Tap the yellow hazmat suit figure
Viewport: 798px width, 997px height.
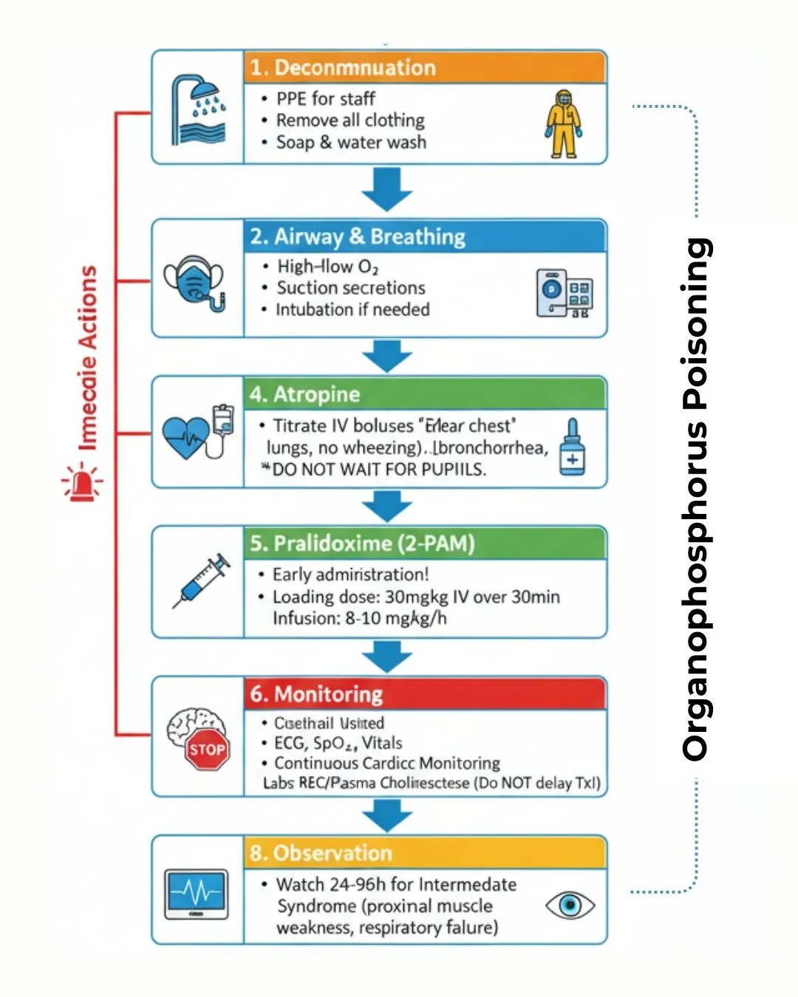coord(564,124)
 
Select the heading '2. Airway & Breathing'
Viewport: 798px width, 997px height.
coord(358,236)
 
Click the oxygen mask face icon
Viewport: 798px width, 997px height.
coord(194,283)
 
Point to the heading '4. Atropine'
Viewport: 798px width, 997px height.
coord(304,394)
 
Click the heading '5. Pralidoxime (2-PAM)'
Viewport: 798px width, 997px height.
coord(362,544)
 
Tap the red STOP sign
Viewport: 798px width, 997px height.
coord(207,750)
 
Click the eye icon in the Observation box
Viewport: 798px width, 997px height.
coord(570,905)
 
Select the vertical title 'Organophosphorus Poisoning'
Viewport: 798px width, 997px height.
coord(696,498)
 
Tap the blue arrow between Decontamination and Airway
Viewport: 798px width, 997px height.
coord(386,189)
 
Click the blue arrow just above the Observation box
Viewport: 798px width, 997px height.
coord(386,815)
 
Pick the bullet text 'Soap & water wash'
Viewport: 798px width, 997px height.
coord(351,143)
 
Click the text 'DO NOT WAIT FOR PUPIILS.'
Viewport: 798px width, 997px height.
coord(378,470)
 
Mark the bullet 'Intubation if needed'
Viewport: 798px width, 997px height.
coord(352,309)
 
